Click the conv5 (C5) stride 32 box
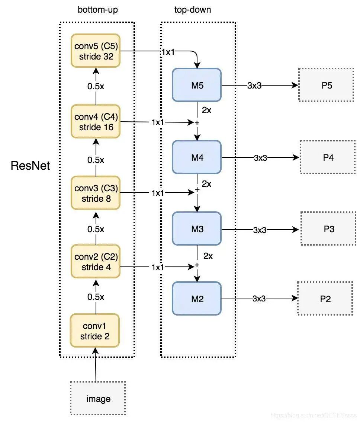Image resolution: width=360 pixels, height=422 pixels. [96, 51]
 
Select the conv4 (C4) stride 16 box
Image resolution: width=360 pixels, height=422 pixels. [96, 122]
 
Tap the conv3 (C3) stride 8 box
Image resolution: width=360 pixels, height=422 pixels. [96, 193]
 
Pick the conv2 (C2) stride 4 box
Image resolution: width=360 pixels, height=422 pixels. [96, 262]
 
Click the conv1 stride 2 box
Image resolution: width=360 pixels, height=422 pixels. [95, 331]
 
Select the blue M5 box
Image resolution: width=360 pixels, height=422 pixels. [197, 85]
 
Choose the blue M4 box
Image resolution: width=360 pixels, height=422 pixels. [197, 157]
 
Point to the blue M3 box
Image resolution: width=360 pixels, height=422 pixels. [197, 229]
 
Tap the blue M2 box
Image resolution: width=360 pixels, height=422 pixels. [197, 298]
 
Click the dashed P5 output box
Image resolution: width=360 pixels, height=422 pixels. [326, 85]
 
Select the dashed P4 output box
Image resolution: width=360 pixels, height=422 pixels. [328, 157]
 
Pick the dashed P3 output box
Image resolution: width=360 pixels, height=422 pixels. [328, 229]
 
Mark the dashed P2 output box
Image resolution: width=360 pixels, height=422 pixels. [325, 298]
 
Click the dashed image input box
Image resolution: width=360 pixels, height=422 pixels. [98, 399]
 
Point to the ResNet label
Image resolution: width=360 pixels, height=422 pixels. [30, 166]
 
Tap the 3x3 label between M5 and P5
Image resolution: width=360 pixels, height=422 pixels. [254, 85]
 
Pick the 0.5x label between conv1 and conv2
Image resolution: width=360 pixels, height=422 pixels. [96, 297]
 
